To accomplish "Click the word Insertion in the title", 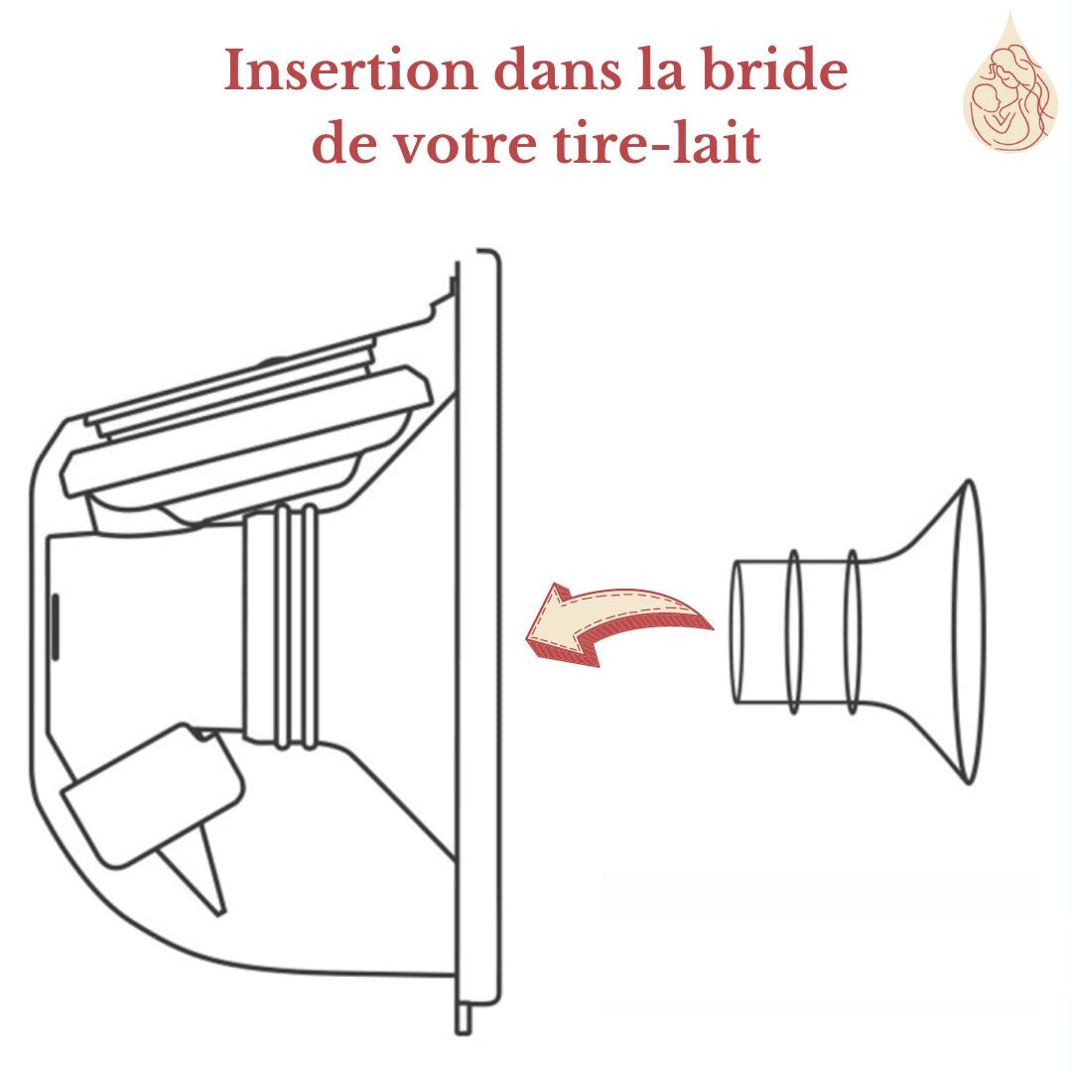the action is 350,69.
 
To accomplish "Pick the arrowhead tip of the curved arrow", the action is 526,639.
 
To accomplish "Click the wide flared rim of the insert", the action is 969,631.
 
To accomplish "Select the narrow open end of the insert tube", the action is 737,631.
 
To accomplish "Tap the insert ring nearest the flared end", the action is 853,631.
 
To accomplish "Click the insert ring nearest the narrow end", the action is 793,631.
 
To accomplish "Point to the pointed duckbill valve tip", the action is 220,913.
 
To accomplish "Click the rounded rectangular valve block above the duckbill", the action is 153,794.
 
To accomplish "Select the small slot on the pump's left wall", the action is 55,626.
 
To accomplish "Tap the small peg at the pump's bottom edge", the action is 464,1019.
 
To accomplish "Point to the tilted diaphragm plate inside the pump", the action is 247,431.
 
